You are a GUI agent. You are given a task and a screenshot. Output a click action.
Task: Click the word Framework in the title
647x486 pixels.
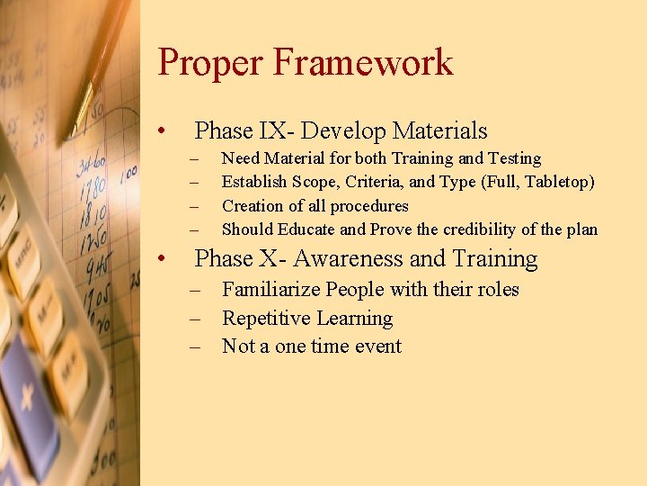tap(364, 63)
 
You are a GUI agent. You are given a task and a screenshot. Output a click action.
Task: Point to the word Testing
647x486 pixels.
tap(512, 159)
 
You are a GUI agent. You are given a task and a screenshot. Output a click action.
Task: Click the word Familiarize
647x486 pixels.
tap(270, 290)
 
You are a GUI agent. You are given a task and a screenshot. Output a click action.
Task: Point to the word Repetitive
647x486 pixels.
tap(266, 319)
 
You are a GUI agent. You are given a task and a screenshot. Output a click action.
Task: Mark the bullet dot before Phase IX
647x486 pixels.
tap(160, 132)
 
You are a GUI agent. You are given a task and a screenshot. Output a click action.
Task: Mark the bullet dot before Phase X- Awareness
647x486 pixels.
tap(160, 260)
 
